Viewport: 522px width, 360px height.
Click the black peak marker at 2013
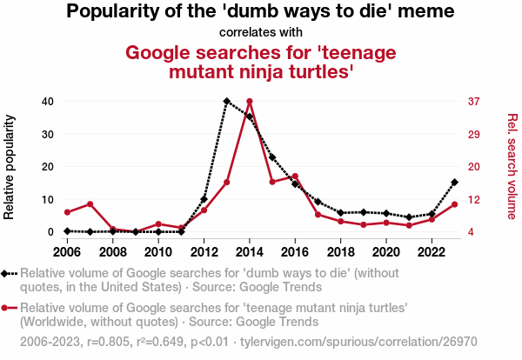(x=227, y=102)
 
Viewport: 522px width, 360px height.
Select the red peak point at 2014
(x=250, y=102)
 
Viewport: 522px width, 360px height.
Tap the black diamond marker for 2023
(x=454, y=183)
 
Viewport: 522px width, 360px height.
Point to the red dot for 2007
(x=90, y=204)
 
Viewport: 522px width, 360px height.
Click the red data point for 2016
(x=295, y=177)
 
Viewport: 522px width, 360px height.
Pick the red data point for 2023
(x=454, y=204)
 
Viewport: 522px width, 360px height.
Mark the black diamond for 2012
(x=204, y=199)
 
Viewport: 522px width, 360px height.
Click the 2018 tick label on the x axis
(x=340, y=252)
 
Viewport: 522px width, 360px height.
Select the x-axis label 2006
(x=67, y=252)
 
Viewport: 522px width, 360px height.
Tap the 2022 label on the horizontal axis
(x=432, y=252)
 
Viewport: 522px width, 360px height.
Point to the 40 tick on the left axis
(x=47, y=102)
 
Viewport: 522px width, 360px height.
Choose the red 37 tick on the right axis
(x=474, y=102)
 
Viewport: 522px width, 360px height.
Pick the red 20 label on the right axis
(x=474, y=167)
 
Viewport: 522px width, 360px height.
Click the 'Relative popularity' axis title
(x=11, y=165)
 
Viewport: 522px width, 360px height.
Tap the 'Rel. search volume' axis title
(x=512, y=165)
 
